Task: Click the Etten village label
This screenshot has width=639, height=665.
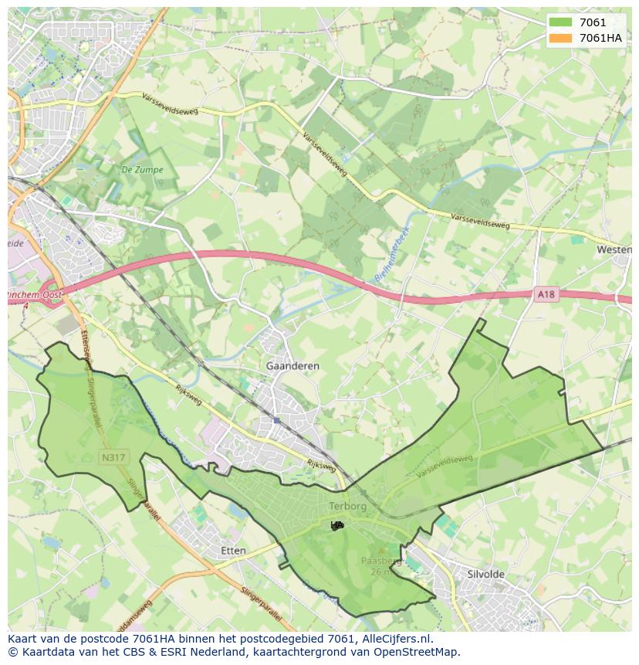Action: (233, 551)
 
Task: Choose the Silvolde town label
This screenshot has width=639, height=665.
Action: (486, 574)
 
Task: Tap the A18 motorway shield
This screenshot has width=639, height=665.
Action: (546, 294)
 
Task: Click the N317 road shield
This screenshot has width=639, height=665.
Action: (113, 457)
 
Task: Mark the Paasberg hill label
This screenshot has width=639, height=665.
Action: (380, 562)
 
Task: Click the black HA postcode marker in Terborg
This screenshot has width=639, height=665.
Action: (336, 525)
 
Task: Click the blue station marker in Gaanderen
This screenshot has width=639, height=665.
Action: (276, 420)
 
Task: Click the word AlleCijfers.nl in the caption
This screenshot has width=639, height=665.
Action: (395, 639)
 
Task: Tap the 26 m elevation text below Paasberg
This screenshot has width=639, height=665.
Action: (380, 572)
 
